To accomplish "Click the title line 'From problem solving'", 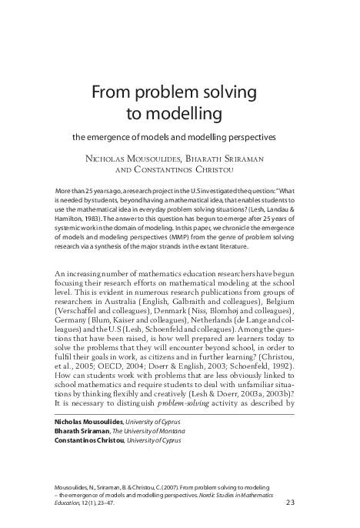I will coord(178,94).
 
